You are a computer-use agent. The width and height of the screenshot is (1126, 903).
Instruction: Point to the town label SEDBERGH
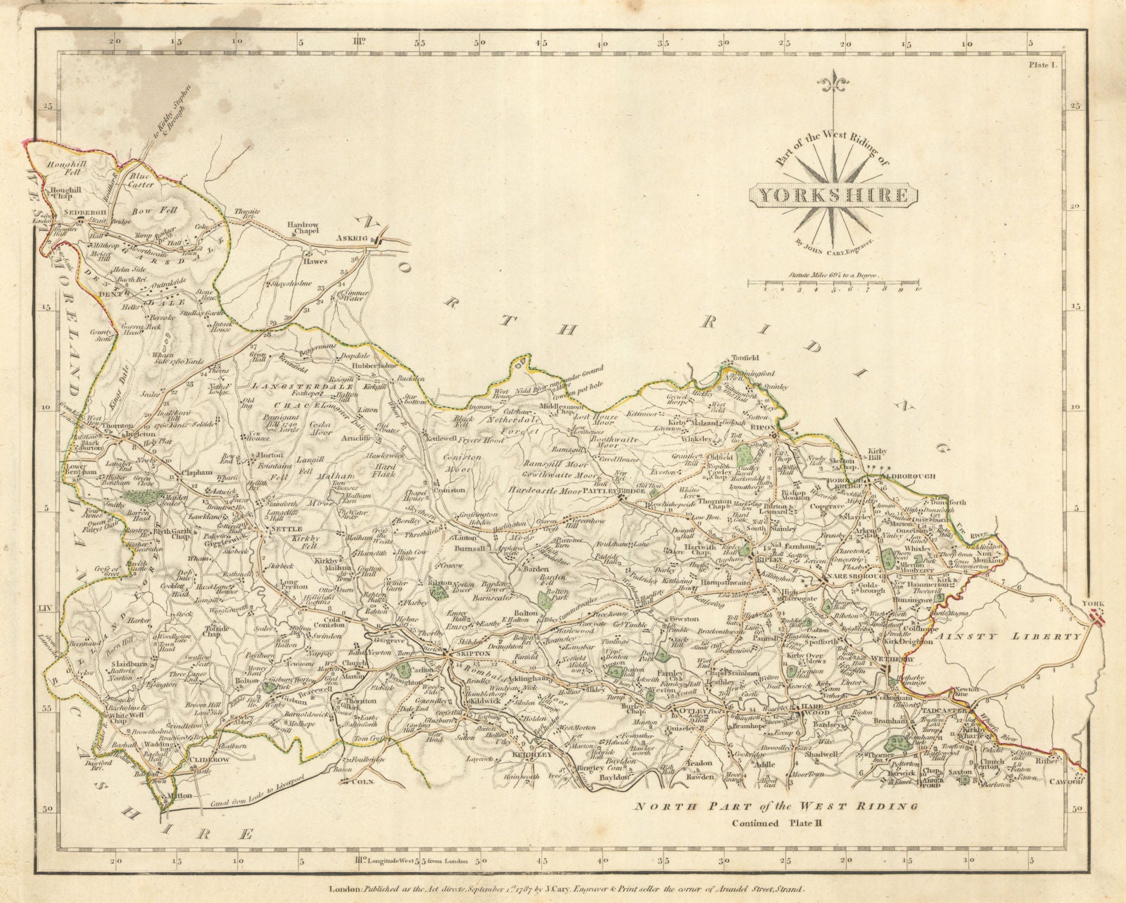(65, 211)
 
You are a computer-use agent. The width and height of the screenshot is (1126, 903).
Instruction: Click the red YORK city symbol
(1096, 618)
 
